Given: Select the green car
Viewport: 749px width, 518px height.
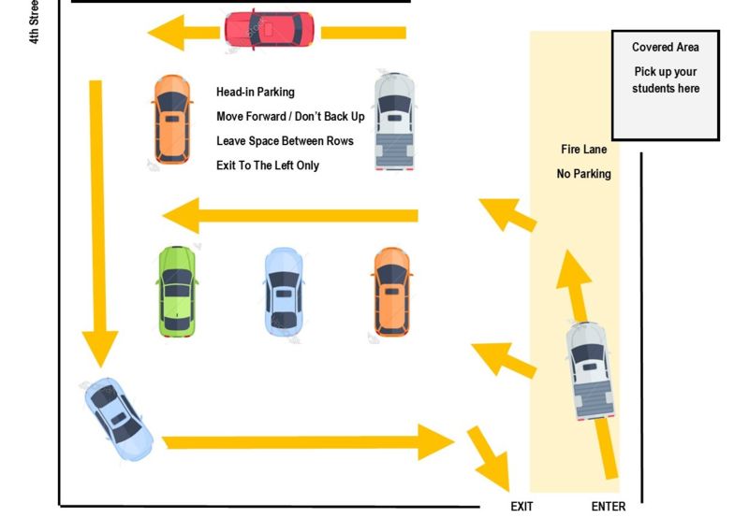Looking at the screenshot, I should click(x=177, y=291).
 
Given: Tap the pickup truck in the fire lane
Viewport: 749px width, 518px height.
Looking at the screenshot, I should click(x=590, y=370).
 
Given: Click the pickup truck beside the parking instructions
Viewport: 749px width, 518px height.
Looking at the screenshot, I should click(x=394, y=121).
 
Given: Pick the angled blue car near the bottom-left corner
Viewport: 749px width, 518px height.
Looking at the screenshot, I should click(x=118, y=419).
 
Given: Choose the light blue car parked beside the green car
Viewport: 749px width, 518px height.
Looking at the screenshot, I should click(x=283, y=291).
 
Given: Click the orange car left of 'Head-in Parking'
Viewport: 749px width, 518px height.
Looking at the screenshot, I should click(x=171, y=118).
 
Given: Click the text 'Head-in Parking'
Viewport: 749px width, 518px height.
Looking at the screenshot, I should click(x=255, y=92).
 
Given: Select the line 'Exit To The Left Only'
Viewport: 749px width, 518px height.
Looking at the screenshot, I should click(x=267, y=165).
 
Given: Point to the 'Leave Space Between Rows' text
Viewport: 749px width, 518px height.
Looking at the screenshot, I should click(x=285, y=141).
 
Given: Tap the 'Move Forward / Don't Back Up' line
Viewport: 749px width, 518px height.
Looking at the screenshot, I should click(x=290, y=117).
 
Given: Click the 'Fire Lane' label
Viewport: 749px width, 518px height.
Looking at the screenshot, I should click(x=582, y=150).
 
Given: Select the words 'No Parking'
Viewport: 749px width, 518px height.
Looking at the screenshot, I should click(x=583, y=174).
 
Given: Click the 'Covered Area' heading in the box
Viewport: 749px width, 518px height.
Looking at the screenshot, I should click(x=665, y=48).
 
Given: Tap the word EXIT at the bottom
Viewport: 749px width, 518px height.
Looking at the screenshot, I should click(x=522, y=507).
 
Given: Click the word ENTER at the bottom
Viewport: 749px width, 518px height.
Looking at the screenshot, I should click(x=608, y=507).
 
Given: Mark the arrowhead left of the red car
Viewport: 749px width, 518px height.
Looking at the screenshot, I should click(x=169, y=35).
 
